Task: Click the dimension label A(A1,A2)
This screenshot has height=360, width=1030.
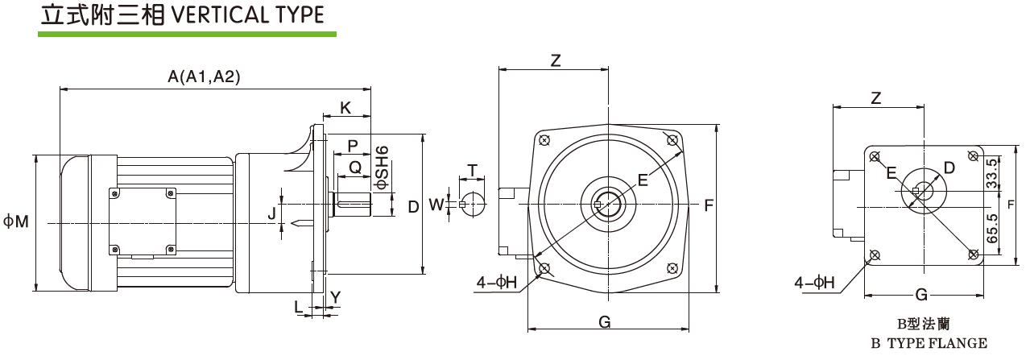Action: click(x=204, y=77)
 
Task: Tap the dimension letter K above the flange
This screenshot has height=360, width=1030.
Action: click(x=345, y=107)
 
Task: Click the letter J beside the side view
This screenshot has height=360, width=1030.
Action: click(x=272, y=213)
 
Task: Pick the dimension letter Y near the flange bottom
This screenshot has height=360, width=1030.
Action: click(x=335, y=296)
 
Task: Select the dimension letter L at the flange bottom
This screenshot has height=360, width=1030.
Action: click(x=299, y=307)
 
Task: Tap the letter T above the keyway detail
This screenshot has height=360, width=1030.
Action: click(x=472, y=171)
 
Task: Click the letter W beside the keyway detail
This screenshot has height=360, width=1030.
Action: click(x=436, y=205)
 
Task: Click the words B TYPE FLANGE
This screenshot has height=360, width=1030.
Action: click(x=929, y=344)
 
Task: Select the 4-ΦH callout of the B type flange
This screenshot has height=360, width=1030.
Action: click(x=814, y=282)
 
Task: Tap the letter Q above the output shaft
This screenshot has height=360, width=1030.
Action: click(x=354, y=168)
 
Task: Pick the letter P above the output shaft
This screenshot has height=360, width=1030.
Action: click(x=352, y=145)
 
